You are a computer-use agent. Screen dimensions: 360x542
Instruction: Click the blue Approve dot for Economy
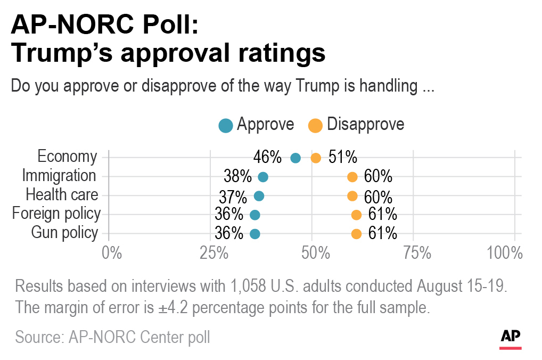pos(295,158)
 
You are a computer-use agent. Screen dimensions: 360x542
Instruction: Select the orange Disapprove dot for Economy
pos(316,158)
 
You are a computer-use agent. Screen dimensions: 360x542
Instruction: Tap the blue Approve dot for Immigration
pos(263,177)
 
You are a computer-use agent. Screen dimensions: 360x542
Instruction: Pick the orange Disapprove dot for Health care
pos(352,196)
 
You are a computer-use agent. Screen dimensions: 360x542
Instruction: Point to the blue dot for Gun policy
pos(255,234)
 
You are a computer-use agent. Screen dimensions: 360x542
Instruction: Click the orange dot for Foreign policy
pos(356,215)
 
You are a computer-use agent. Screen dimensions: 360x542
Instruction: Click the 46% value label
pos(267,157)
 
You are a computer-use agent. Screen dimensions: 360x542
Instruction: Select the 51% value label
pos(343,157)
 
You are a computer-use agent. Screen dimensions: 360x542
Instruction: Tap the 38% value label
pos(237,176)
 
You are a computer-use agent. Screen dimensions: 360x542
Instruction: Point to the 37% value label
pos(233,197)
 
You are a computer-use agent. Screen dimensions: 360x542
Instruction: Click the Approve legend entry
pos(257,125)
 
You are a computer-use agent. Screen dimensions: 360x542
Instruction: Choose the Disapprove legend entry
pos(356,125)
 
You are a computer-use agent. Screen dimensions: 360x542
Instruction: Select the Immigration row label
pos(59,176)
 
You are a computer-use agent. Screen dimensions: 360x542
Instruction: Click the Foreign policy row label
pos(56,214)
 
